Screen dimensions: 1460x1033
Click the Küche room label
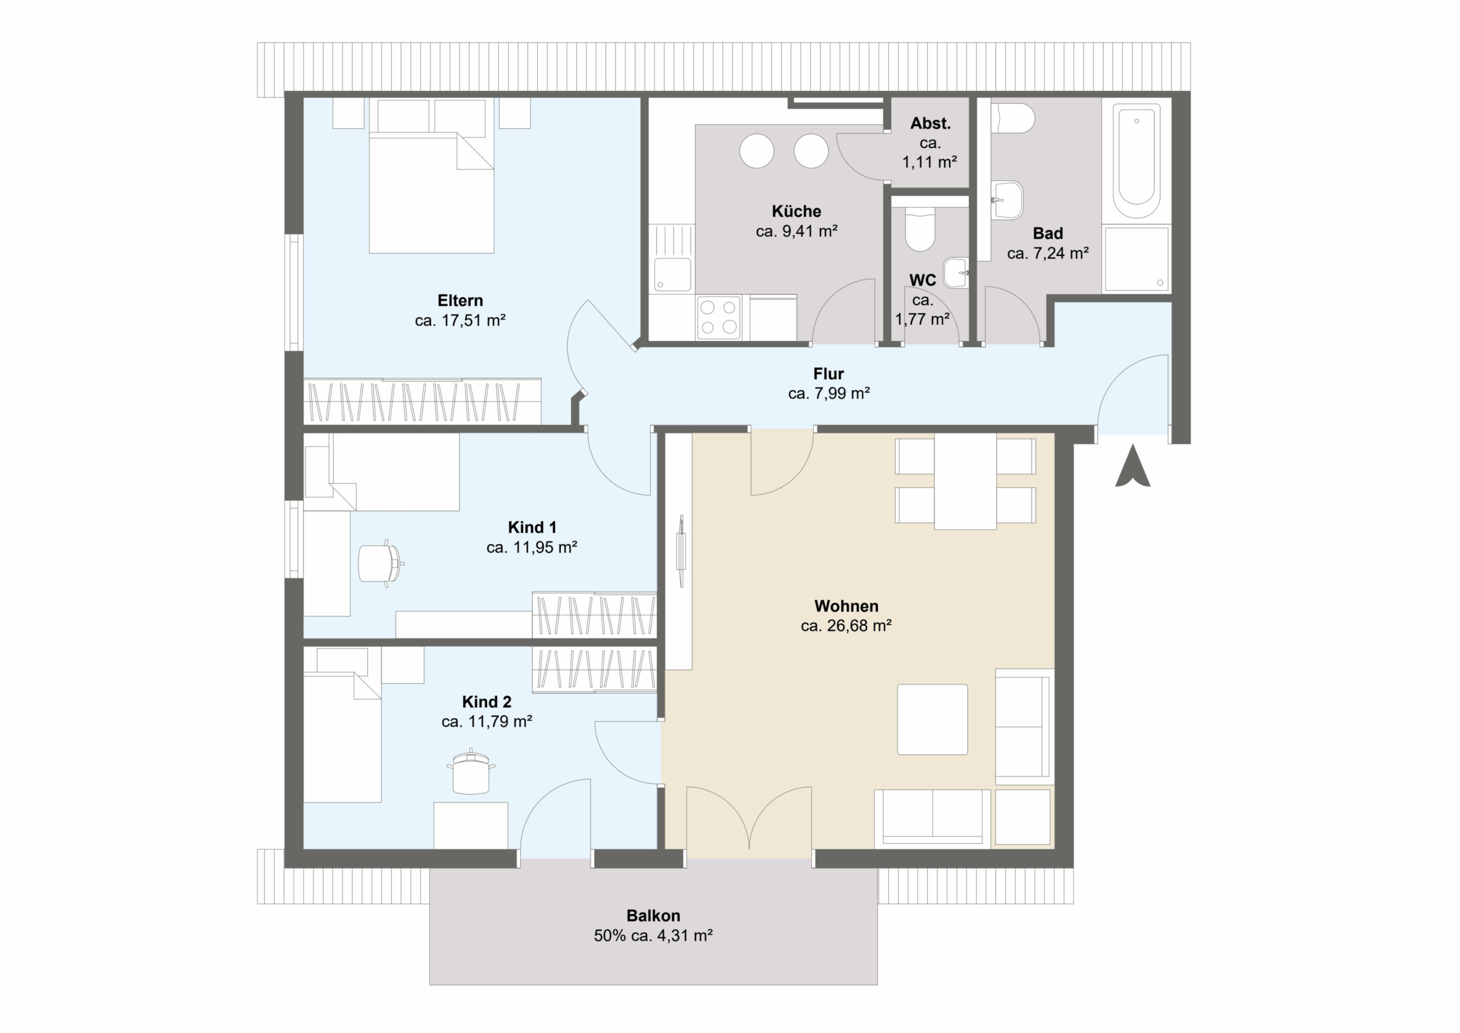pos(796,211)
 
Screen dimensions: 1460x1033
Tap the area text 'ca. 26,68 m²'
pos(846,626)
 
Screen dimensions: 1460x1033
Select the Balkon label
pos(653,915)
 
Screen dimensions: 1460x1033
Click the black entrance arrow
pos(1133,466)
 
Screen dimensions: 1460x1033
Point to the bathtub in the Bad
pos(1136,161)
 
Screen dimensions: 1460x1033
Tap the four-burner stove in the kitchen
pos(719,317)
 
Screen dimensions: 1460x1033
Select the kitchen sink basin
pos(673,274)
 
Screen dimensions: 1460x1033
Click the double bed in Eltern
pos(432,176)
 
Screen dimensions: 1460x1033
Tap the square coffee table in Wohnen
pos(932,719)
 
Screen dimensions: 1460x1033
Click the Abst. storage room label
pos(930,123)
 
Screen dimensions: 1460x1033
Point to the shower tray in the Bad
pos(1136,260)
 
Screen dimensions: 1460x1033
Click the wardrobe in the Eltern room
pos(422,402)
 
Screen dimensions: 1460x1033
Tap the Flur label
pos(829,374)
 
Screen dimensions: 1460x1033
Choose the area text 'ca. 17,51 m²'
pos(460,321)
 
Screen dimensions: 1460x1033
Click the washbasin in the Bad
pos(1007,200)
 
